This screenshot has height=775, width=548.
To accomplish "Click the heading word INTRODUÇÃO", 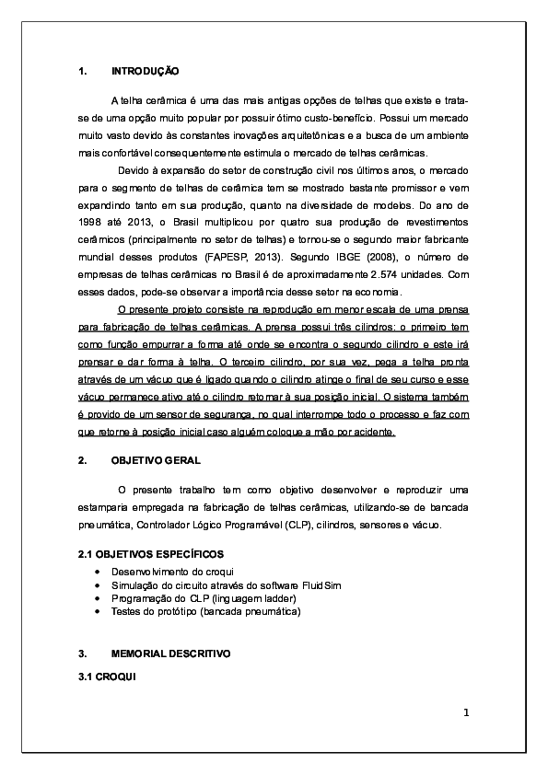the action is [x=145, y=71].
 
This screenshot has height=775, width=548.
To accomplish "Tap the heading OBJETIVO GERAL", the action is [x=155, y=459].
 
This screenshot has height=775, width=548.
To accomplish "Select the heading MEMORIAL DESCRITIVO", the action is [x=170, y=653].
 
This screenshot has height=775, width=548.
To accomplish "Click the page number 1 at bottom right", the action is [x=466, y=712].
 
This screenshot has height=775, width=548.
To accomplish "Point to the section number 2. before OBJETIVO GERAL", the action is [x=83, y=459].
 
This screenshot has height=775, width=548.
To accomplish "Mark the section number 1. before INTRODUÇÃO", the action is [x=83, y=71].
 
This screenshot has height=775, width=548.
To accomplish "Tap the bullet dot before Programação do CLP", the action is [x=99, y=597].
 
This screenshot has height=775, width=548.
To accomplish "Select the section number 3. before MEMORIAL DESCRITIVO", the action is [x=83, y=653].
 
